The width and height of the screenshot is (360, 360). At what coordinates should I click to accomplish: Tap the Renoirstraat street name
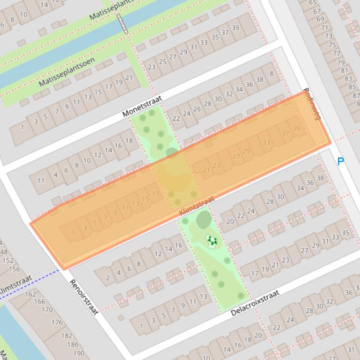[84, 297]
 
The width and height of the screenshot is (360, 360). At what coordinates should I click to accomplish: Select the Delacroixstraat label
[255, 303]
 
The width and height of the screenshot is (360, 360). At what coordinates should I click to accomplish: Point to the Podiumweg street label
[311, 104]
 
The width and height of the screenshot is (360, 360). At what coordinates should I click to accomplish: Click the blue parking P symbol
[341, 162]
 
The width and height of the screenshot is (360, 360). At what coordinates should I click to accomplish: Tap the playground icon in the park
[212, 241]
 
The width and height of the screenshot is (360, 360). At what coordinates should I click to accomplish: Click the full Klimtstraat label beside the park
[196, 206]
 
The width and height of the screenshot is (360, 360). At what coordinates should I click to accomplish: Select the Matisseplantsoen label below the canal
[66, 72]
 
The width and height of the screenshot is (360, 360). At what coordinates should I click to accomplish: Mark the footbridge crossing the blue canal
[123, 23]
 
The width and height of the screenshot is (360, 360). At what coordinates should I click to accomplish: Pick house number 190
[79, 353]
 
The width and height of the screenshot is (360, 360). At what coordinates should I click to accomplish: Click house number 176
[57, 322]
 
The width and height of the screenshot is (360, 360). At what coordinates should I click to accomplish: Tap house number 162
[31, 294]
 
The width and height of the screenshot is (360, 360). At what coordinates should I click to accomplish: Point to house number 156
[14, 269]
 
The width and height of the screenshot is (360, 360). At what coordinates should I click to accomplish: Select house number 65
[313, 3]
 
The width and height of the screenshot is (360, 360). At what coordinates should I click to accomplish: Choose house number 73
[329, 36]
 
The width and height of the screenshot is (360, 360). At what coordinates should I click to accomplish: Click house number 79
[341, 63]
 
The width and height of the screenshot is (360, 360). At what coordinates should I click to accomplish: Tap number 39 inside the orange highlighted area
[296, 129]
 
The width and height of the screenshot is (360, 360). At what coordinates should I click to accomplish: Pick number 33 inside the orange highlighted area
[266, 143]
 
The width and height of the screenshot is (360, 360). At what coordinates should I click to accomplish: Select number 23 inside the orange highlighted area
[216, 166]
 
